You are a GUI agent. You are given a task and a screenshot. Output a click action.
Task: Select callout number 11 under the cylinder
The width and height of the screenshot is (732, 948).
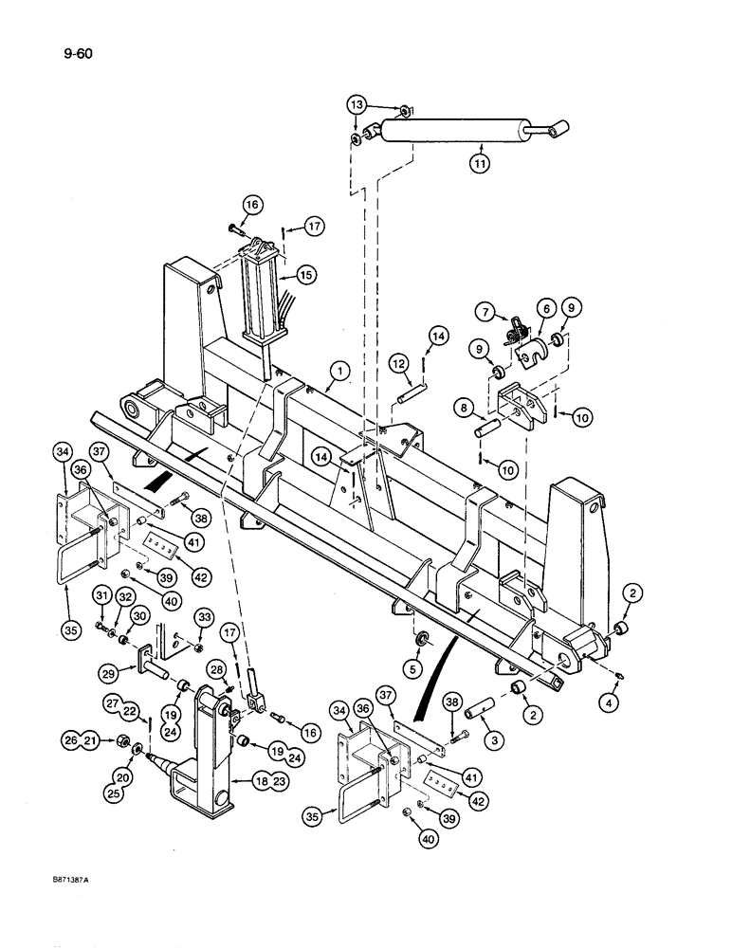click(x=482, y=163)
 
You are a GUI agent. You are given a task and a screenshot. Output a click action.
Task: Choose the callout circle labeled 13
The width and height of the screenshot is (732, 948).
click(x=355, y=105)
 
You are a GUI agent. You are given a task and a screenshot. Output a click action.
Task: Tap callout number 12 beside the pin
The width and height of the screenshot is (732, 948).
click(x=396, y=364)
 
